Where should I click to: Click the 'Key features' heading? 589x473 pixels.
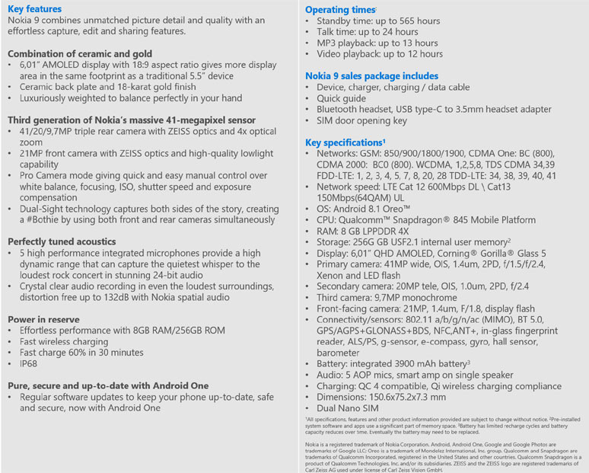click(x=34, y=8)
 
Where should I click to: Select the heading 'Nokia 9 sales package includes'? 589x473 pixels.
click(x=371, y=75)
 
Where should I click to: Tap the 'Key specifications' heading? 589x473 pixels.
click(x=344, y=142)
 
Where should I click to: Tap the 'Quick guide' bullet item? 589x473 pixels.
click(x=341, y=98)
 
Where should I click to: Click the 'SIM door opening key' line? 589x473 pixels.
click(x=361, y=120)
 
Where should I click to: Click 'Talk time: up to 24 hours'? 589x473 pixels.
click(x=367, y=32)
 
